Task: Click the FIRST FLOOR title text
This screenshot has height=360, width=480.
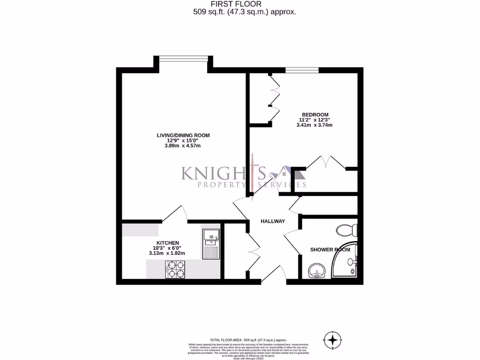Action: point(240,4)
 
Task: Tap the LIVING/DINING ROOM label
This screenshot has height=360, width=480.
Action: point(183,135)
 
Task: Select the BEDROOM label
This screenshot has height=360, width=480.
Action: point(315,115)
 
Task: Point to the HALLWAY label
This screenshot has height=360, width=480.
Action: point(273,221)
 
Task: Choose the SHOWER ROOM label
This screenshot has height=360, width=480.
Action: point(330,250)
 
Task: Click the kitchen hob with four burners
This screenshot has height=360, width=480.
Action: point(174,269)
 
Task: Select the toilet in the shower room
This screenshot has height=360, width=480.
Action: point(347,230)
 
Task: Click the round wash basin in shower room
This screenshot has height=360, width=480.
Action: point(317,270)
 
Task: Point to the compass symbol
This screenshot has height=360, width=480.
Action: point(333,340)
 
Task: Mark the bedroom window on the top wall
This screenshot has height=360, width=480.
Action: point(302,71)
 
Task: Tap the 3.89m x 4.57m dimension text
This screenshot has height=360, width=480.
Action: point(183,146)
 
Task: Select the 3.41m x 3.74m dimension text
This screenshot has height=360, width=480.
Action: point(315,125)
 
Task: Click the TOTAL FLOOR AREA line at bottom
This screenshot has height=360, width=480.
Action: point(248,340)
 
